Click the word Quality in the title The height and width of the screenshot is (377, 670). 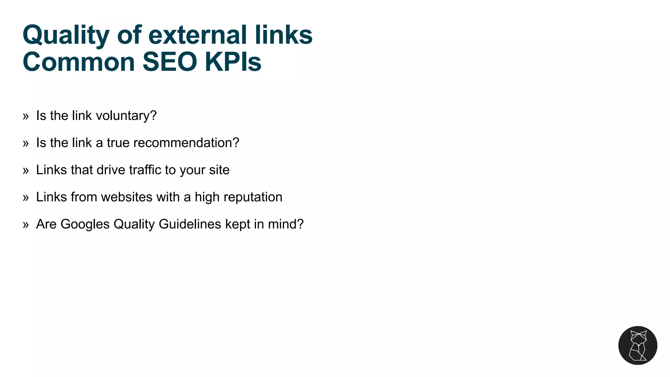click(x=66, y=35)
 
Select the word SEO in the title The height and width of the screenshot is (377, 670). click(x=170, y=62)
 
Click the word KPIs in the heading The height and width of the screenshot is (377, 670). click(x=233, y=62)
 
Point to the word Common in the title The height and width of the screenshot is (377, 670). click(x=79, y=62)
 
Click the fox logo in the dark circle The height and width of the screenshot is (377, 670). click(x=638, y=345)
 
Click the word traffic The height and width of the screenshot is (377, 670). click(x=145, y=170)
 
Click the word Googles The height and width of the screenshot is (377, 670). click(x=85, y=224)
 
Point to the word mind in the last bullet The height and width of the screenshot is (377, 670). click(x=283, y=224)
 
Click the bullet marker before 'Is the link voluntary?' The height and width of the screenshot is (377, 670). click(x=26, y=116)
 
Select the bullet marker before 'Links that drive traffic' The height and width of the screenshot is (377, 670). click(x=26, y=171)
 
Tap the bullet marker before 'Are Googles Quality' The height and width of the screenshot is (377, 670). click(x=26, y=225)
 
